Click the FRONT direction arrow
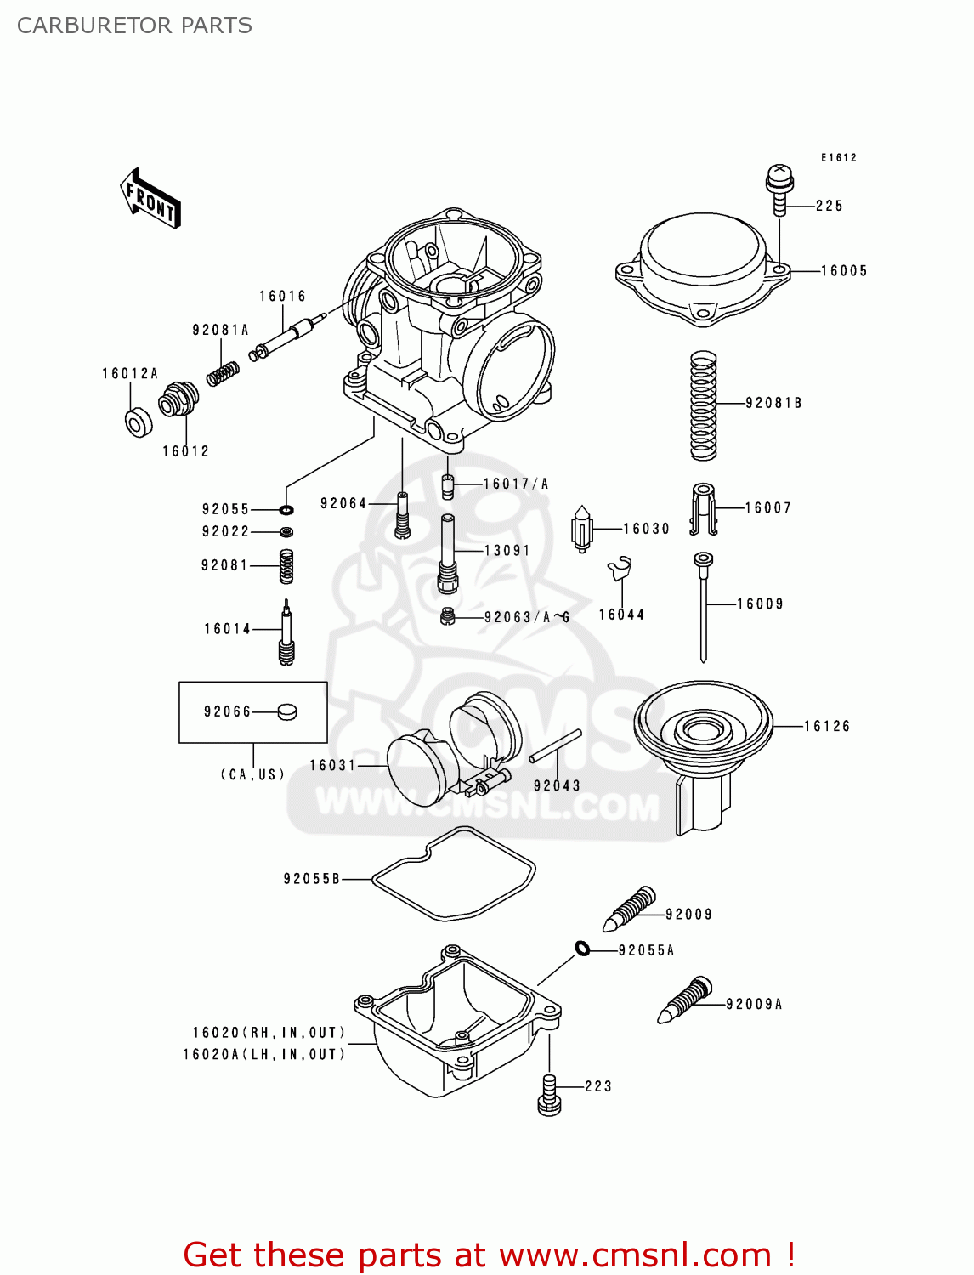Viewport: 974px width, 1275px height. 150,199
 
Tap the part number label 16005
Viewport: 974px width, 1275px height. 843,271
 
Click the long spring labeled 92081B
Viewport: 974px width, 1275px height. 703,405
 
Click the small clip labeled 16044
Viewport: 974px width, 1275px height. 620,567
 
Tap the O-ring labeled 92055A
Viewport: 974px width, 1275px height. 582,948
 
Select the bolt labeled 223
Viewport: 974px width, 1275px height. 549,1094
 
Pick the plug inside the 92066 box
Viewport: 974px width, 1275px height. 287,711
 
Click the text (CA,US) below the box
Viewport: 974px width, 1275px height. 252,774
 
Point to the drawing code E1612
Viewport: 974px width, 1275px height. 838,157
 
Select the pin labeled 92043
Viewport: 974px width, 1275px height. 555,746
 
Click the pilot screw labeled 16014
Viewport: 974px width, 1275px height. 286,633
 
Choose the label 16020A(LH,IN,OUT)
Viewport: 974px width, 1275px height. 264,1054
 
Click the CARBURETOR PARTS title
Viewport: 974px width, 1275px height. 134,25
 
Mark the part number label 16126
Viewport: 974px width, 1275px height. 826,726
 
